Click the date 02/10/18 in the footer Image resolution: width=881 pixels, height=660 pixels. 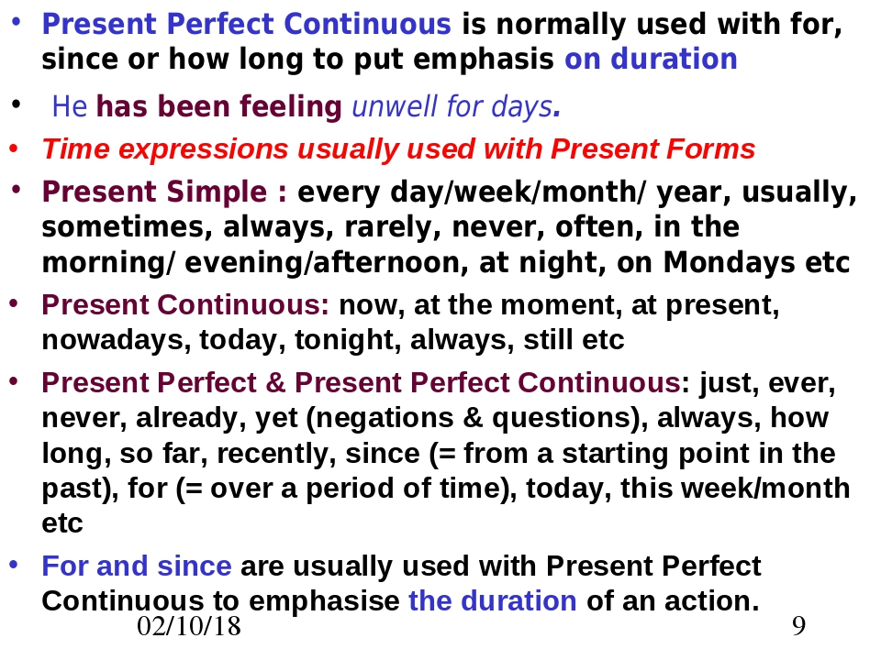pyautogui.click(x=189, y=626)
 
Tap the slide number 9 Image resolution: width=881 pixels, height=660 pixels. pyautogui.click(x=798, y=626)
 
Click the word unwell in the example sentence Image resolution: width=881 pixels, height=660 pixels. pyautogui.click(x=395, y=106)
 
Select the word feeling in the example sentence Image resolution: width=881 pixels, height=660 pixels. pyautogui.click(x=291, y=107)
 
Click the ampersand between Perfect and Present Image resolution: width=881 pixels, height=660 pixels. pyautogui.click(x=275, y=383)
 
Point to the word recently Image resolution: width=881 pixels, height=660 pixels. pyautogui.click(x=276, y=454)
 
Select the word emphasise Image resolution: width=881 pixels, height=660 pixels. pyautogui.click(x=324, y=601)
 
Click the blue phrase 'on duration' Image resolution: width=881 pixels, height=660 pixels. pyautogui.click(x=651, y=59)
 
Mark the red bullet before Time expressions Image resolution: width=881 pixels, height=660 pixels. pyautogui.click(x=14, y=148)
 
